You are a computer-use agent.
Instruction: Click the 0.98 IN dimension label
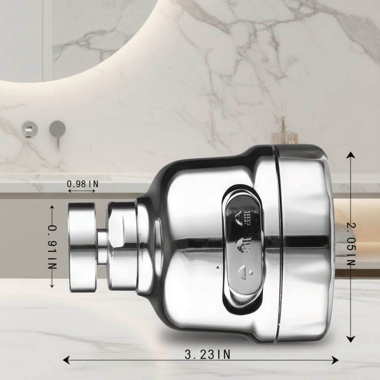(x=82, y=184)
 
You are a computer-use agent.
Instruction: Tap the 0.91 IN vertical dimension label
(x=52, y=248)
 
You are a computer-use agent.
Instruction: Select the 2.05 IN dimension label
(x=351, y=244)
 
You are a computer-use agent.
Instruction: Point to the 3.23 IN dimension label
(x=207, y=355)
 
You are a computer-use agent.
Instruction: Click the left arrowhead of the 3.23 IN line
(x=66, y=360)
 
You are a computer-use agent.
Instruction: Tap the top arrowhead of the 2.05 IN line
(x=350, y=155)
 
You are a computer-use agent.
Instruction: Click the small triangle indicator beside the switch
(x=217, y=267)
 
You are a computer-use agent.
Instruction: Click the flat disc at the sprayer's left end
(x=82, y=248)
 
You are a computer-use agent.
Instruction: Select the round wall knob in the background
(x=29, y=129)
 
